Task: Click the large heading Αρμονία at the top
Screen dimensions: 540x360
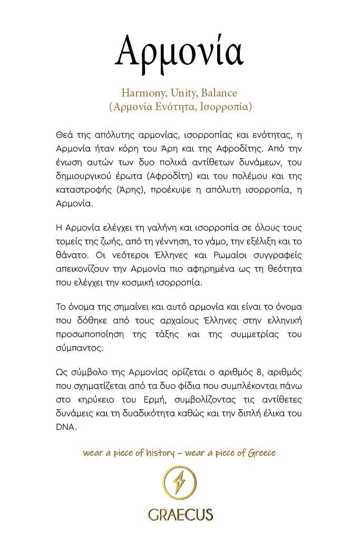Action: click(x=179, y=52)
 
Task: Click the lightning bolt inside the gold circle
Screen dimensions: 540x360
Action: click(x=180, y=482)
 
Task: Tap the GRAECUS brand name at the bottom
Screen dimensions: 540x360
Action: click(x=180, y=514)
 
